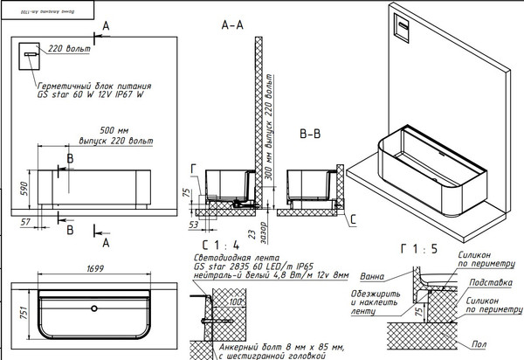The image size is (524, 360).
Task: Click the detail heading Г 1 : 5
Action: point(417,249)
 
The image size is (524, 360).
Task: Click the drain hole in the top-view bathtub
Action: point(93,308)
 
